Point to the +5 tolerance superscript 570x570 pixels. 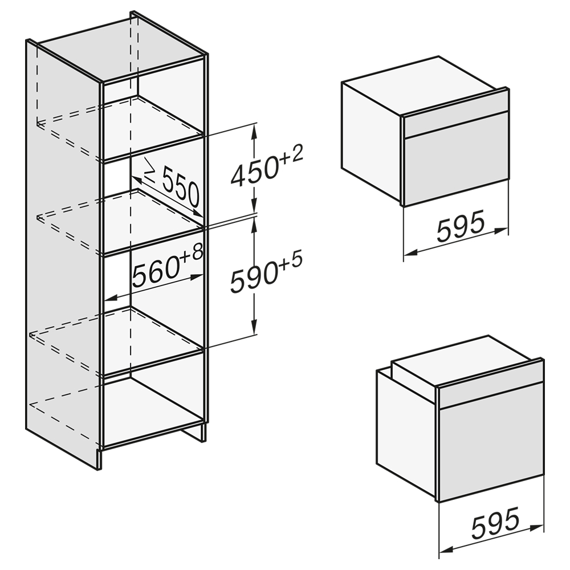(291, 262)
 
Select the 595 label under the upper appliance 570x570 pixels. (461, 226)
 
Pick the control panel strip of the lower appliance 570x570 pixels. (491, 388)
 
